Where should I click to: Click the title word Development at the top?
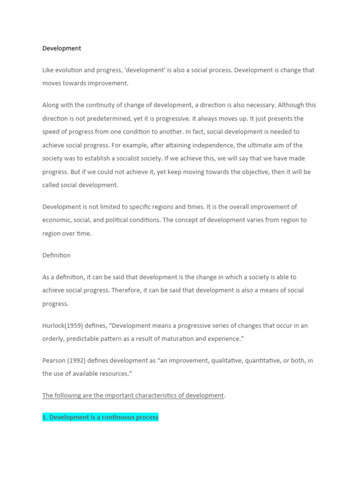pos(61,48)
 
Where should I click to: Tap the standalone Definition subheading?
pos(56,255)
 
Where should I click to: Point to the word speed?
pos(51,132)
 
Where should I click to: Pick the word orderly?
pos(54,338)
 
